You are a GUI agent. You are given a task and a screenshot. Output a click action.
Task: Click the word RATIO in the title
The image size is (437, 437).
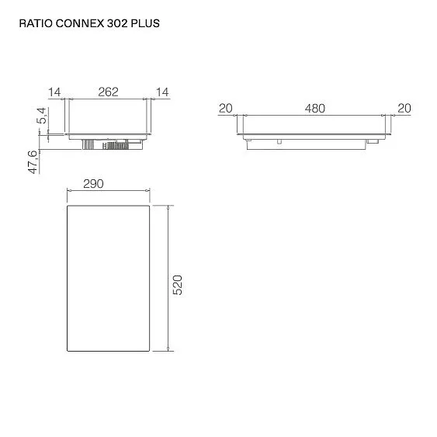coord(34,23)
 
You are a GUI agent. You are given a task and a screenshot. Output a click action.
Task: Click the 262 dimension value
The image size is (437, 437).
coord(108,92)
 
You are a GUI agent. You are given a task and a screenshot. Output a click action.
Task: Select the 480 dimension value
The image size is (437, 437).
coord(314,108)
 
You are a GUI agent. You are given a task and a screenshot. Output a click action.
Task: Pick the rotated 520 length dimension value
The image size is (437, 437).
coord(178,284)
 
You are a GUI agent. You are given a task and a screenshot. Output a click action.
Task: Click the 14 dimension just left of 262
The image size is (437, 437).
coord(54,92)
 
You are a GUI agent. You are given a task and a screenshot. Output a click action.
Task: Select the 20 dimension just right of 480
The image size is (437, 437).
coord(404,108)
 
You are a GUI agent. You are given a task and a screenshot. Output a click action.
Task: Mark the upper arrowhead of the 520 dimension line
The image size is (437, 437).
coord(168,207)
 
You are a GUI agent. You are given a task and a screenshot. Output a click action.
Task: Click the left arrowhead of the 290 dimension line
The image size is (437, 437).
coord(68,191)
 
